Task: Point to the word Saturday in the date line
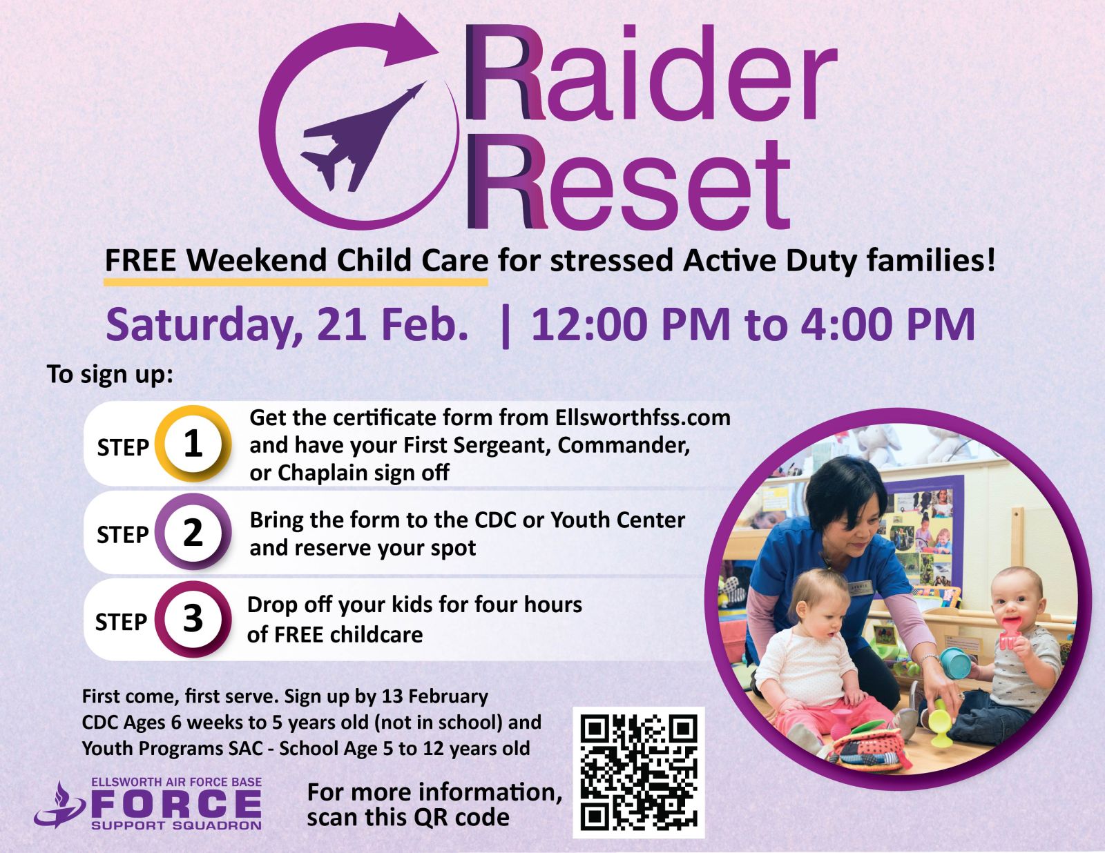[204, 326]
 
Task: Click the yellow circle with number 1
[193, 444]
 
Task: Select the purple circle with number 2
[193, 532]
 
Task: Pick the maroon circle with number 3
[193, 620]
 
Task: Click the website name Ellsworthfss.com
[643, 418]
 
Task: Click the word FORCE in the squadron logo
[176, 804]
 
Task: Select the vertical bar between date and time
[506, 326]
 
